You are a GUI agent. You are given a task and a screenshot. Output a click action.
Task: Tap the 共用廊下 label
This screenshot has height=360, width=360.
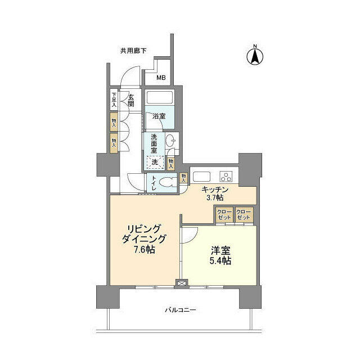[133, 51]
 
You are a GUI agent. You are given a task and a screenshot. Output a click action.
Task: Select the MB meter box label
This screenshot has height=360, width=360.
[161, 78]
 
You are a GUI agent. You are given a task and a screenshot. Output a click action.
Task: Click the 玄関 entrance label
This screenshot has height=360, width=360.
[130, 100]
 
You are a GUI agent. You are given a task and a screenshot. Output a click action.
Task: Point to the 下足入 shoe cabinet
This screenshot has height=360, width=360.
[114, 100]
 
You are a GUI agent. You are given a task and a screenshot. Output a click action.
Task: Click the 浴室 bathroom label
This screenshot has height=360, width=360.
[159, 116]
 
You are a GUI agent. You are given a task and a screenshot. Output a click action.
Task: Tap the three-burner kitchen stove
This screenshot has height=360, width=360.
[227, 174]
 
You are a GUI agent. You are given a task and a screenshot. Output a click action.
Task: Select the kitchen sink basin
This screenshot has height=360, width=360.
[201, 174]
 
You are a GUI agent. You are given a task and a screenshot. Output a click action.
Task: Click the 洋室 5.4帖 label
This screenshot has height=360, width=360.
[219, 255]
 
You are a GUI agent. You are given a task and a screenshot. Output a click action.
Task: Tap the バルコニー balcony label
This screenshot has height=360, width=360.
[179, 309]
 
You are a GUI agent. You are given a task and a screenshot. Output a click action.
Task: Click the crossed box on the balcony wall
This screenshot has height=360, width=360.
[181, 284]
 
